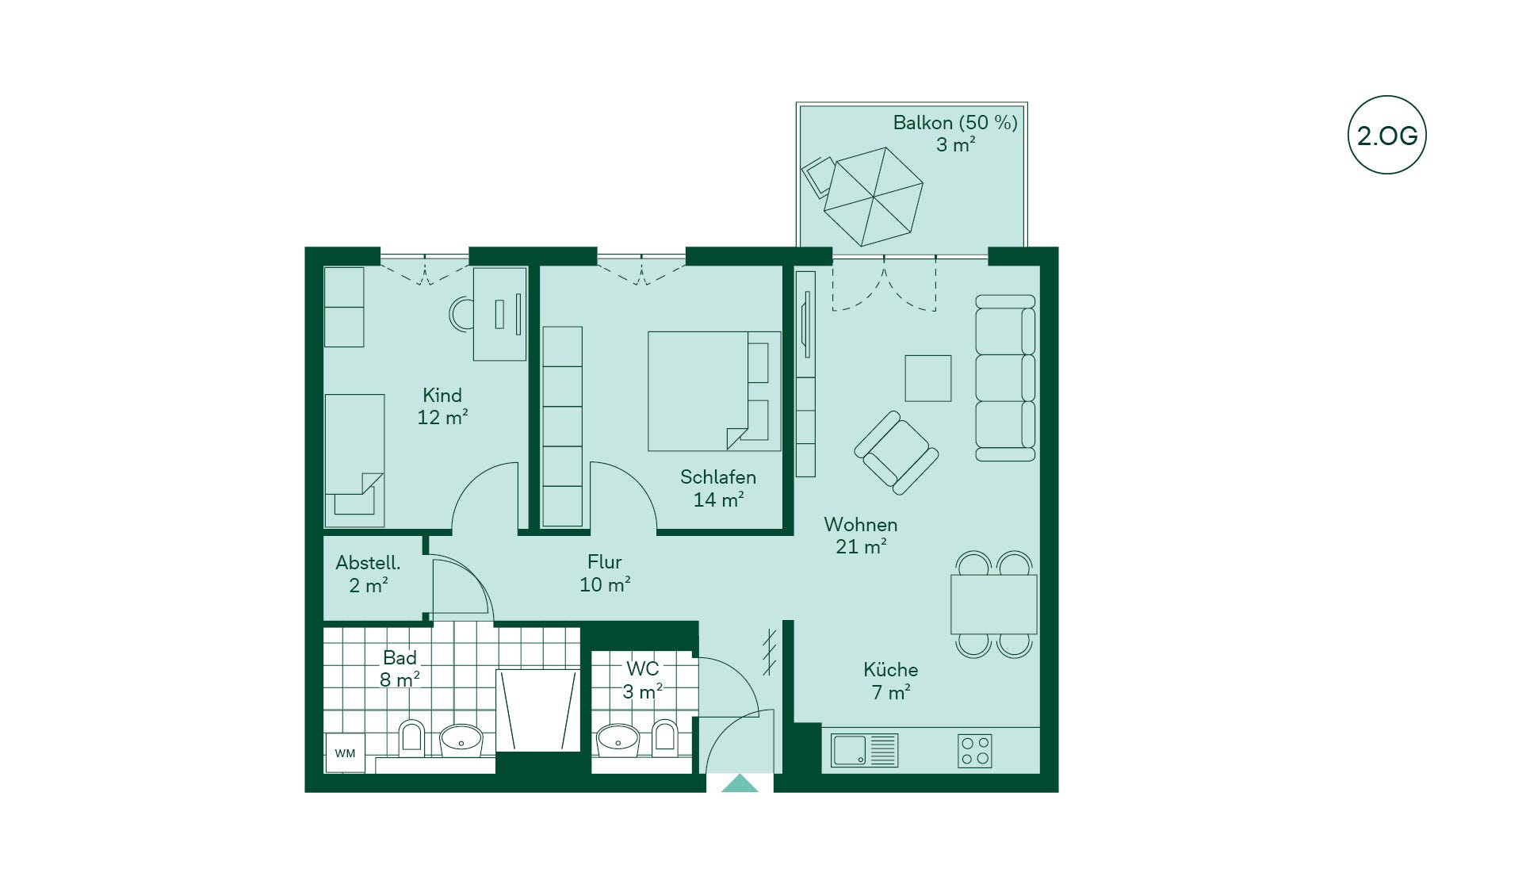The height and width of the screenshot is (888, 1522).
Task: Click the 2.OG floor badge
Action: point(1386,136)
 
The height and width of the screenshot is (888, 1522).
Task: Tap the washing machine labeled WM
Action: point(345,752)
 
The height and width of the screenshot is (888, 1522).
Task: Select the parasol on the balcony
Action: point(874,197)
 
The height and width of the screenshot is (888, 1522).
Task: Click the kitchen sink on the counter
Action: point(864,750)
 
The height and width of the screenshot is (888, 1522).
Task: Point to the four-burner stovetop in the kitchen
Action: point(974,750)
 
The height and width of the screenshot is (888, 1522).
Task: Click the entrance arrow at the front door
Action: point(740,783)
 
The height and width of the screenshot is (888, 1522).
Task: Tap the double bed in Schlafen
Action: point(714,391)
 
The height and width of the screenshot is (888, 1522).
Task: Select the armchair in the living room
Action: point(897,453)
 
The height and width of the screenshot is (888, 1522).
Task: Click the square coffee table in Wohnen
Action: point(928,378)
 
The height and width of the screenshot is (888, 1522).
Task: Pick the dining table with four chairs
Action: point(994,604)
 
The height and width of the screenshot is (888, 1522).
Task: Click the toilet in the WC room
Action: point(664,737)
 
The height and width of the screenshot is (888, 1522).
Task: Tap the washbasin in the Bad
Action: point(461,739)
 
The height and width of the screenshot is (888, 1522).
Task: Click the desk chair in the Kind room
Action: point(461,314)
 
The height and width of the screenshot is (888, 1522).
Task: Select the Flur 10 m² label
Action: point(605,573)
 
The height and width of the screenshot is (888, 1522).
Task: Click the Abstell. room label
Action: point(368,563)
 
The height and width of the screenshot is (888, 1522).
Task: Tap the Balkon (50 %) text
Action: point(955,123)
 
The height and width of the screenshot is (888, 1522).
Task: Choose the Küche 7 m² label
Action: point(891,681)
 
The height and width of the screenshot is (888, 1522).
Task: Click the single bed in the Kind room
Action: point(354,461)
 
